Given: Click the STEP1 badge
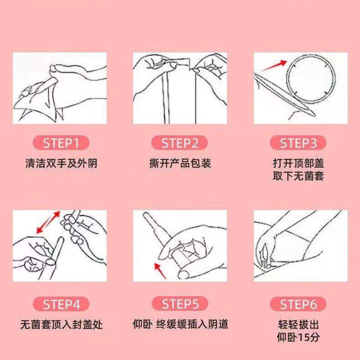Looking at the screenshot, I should [x=61, y=144].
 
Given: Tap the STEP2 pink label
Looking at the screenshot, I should [x=180, y=144].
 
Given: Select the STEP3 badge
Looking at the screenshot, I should [x=298, y=144].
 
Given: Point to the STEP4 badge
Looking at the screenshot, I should [x=61, y=304].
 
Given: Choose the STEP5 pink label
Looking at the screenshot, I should [x=180, y=304].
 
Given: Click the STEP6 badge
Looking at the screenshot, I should [x=298, y=304].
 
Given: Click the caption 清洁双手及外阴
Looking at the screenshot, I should [x=61, y=164].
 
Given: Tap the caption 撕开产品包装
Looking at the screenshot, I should [x=180, y=164].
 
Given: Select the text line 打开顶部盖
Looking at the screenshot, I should [x=298, y=164].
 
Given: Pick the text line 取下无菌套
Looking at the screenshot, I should [x=298, y=176].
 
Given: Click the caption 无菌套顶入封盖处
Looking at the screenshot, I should [x=61, y=324].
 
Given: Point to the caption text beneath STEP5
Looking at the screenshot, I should [x=180, y=324].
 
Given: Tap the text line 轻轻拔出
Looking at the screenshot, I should [x=298, y=324].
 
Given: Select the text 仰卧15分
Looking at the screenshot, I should [x=298, y=338].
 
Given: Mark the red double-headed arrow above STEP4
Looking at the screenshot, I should [x=48, y=222].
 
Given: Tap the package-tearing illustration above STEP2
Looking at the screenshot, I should [x=180, y=88].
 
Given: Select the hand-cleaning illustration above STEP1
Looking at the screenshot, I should [x=60, y=88].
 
